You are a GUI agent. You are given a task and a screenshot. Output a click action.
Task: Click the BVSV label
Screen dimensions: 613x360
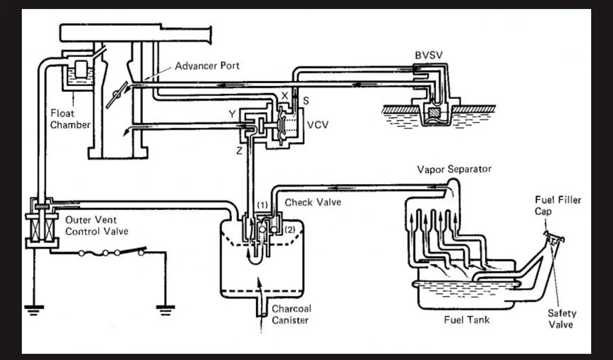pyautogui.click(x=429, y=55)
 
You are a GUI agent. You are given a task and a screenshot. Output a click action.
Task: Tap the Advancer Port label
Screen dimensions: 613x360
pyautogui.click(x=207, y=66)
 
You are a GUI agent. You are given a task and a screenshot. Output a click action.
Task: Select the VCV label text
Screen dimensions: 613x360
pyautogui.click(x=318, y=125)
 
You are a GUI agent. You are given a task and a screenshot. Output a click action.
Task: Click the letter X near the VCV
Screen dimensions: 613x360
pyautogui.click(x=285, y=96)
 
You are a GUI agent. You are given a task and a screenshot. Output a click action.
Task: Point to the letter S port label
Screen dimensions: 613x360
pyautogui.click(x=306, y=101)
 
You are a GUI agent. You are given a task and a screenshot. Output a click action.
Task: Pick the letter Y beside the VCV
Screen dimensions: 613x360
pyautogui.click(x=232, y=114)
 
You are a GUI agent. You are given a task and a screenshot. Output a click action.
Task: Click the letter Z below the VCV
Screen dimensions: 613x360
pyautogui.click(x=239, y=150)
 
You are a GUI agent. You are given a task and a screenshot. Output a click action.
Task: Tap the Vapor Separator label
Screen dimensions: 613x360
pyautogui.click(x=454, y=169)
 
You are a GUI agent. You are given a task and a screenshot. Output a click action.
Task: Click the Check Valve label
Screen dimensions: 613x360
pyautogui.click(x=313, y=203)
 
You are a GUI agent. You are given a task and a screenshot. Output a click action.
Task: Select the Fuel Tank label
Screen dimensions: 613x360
pyautogui.click(x=467, y=320)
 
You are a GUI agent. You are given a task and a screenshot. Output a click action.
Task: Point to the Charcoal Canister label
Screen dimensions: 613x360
pyautogui.click(x=291, y=314)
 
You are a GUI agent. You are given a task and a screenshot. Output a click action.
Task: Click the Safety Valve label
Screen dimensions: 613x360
pyautogui.click(x=562, y=319)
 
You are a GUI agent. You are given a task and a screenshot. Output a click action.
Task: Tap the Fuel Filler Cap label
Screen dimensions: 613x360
pyautogui.click(x=558, y=205)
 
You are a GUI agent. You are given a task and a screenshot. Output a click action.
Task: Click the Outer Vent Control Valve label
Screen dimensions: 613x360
pyautogui.click(x=96, y=226)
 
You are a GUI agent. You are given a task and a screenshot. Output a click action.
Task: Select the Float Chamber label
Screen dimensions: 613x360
pyautogui.click(x=70, y=119)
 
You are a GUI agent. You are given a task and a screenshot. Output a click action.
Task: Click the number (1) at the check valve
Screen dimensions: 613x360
pyautogui.click(x=262, y=205)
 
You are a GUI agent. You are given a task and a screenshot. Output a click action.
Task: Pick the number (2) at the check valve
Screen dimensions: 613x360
pyautogui.click(x=290, y=230)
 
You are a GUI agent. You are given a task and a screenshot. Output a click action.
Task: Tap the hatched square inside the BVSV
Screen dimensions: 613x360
pyautogui.click(x=435, y=112)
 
